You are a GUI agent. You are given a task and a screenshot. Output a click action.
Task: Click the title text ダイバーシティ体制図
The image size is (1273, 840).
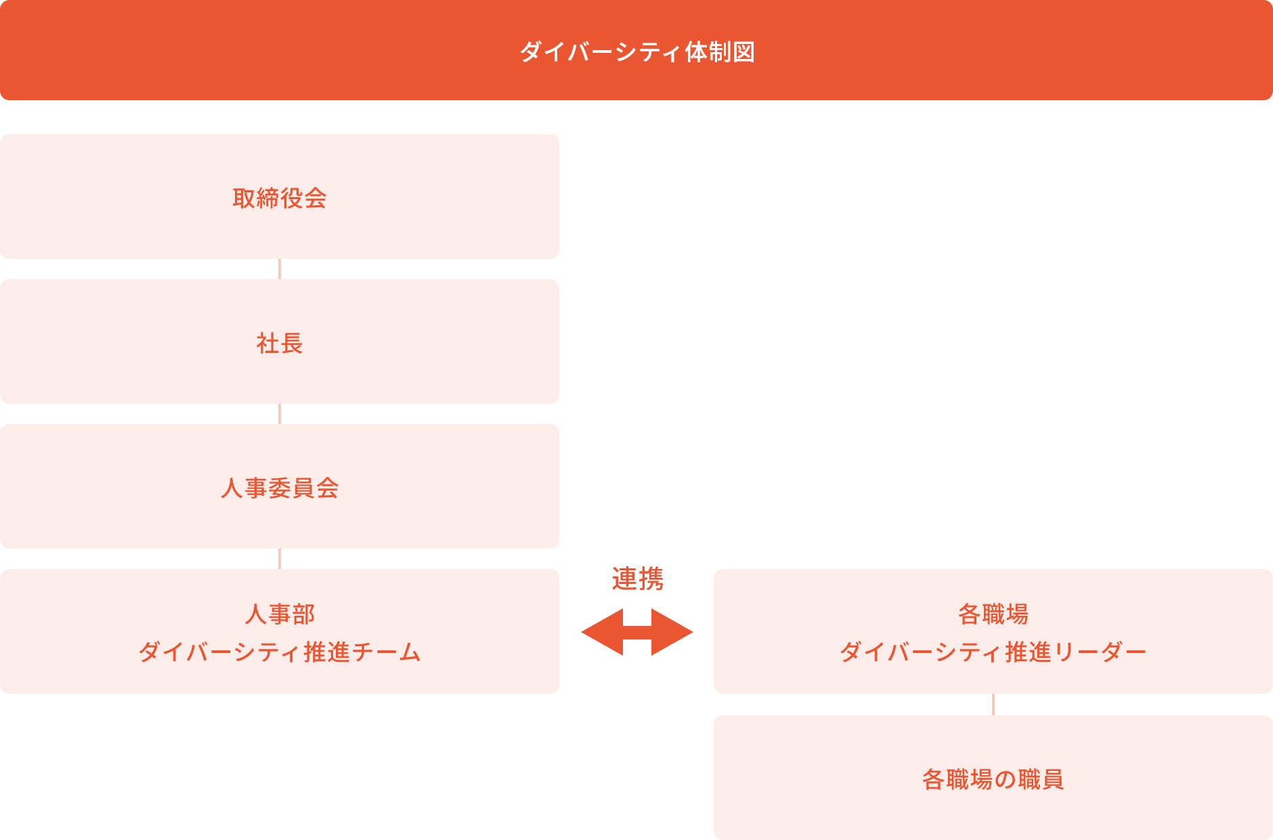(x=636, y=51)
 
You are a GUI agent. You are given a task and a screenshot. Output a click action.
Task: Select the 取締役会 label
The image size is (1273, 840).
(x=280, y=198)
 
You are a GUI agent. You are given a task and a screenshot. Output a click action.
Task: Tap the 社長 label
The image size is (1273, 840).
(x=280, y=343)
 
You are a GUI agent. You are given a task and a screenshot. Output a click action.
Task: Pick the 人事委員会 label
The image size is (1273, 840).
(x=280, y=488)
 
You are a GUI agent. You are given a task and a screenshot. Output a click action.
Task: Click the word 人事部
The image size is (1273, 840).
(x=280, y=614)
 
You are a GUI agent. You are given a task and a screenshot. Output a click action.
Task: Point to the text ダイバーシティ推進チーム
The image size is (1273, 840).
(x=280, y=652)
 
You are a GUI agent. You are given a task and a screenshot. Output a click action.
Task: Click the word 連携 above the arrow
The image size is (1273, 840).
(x=637, y=579)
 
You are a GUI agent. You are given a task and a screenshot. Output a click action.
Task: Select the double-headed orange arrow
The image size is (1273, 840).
(x=637, y=632)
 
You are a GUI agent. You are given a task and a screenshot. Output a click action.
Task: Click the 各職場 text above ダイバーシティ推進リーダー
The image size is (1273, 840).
(x=993, y=614)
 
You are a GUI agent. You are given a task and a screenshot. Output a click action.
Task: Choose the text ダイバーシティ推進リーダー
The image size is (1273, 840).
(x=993, y=652)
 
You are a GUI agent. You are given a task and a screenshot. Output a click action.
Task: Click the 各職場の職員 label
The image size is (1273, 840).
(x=993, y=779)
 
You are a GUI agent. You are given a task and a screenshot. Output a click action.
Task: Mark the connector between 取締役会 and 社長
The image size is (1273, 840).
(x=280, y=269)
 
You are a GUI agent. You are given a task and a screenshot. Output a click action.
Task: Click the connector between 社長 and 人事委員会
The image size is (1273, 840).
(x=280, y=414)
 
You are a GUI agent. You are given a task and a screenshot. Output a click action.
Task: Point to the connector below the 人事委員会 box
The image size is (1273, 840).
(x=280, y=559)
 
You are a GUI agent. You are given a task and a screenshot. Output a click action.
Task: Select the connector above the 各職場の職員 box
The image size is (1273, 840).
(x=993, y=705)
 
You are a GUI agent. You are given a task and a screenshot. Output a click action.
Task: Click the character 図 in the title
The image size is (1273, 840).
(x=743, y=51)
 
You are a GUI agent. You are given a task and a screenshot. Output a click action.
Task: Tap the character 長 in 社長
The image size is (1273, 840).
(x=291, y=343)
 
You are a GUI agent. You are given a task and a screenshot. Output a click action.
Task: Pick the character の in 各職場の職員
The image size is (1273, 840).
(x=1005, y=779)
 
